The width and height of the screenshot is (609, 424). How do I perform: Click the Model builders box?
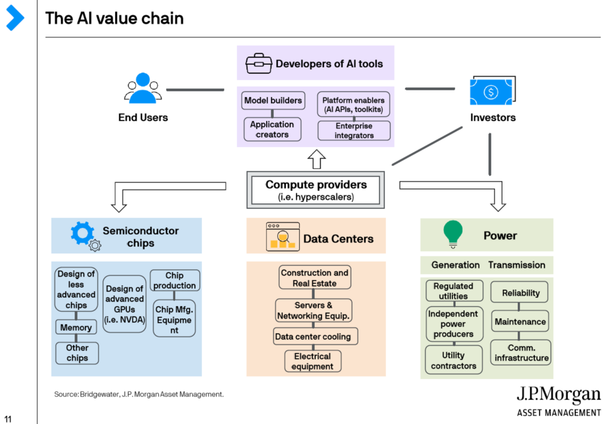pos(273,100)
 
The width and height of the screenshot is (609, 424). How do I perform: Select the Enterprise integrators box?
pos(354,130)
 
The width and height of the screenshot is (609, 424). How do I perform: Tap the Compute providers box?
pos(316,190)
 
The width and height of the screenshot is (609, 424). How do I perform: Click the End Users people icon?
pos(143,88)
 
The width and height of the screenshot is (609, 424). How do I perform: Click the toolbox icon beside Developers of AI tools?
pos(258,63)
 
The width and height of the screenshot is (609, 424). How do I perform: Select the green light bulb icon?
pos(453,234)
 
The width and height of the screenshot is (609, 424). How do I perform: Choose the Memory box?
pos(76,328)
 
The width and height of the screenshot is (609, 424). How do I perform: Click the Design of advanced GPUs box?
pos(124,304)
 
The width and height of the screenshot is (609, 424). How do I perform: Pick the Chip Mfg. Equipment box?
pos(174,318)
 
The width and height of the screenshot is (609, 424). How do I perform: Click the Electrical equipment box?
pos(313,361)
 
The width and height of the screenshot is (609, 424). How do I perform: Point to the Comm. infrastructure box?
pos(521,353)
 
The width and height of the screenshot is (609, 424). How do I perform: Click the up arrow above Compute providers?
pos(316,159)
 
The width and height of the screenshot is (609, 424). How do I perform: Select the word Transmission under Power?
pos(516,265)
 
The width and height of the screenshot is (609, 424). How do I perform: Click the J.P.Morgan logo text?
pos(558,394)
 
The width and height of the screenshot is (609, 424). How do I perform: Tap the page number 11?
pos(8,419)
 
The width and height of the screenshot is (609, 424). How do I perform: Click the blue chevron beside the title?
pos(15,18)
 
